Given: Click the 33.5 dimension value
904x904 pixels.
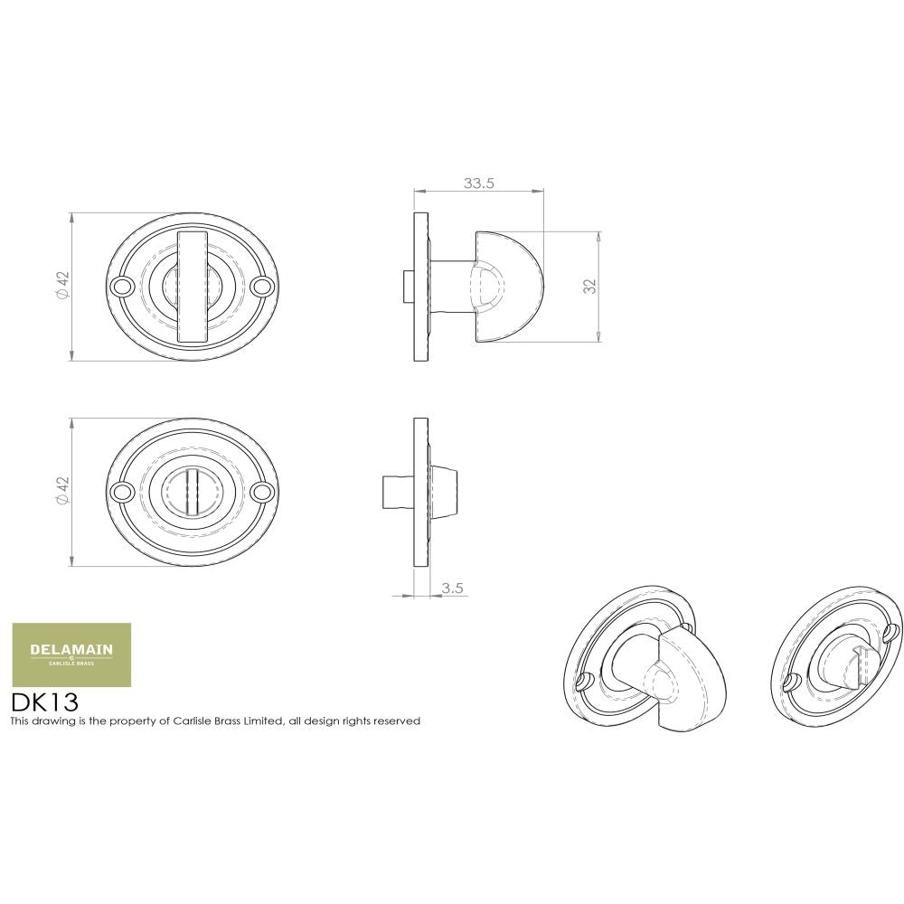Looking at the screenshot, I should [x=478, y=183].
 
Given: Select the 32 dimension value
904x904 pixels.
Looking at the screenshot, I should [x=589, y=286].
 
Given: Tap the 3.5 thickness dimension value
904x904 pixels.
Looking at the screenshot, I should [x=452, y=589].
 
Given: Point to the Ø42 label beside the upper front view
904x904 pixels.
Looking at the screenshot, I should [x=62, y=286].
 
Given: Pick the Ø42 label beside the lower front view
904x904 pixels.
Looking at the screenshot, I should [x=62, y=491].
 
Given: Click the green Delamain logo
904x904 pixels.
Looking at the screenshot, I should [x=71, y=654].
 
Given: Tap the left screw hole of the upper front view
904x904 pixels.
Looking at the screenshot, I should [x=120, y=287].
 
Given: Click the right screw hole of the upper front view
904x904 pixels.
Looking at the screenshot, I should [x=264, y=287].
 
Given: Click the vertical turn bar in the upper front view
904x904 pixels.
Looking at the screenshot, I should [x=193, y=287].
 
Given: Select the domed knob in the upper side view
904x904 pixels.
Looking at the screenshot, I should [x=511, y=286].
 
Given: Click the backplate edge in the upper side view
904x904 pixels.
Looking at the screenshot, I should [x=420, y=287].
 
